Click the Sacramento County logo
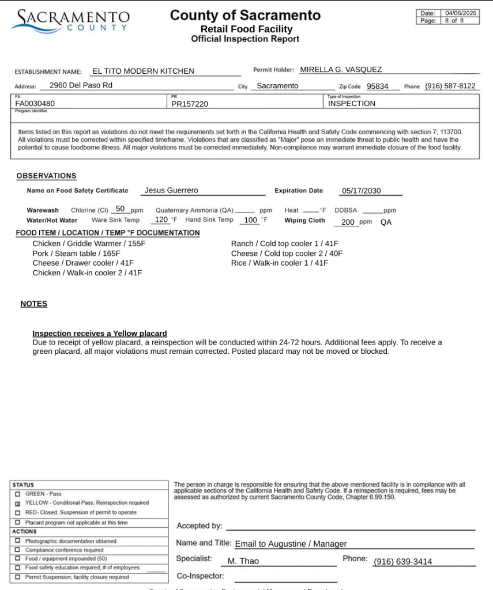(x=70, y=20)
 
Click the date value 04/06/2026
(x=461, y=13)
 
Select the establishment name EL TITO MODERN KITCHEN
(x=144, y=71)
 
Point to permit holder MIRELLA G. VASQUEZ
(x=341, y=70)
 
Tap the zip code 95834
(x=378, y=86)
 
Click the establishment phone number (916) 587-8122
(x=450, y=86)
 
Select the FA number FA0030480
(x=35, y=104)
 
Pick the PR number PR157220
(x=190, y=104)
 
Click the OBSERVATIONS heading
(x=46, y=176)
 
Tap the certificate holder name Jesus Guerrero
(x=171, y=191)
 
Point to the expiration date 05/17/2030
(x=362, y=191)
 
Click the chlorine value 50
(x=120, y=209)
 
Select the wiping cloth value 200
(x=348, y=222)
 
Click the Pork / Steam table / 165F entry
(x=76, y=254)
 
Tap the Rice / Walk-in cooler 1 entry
(x=280, y=263)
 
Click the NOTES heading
(x=34, y=304)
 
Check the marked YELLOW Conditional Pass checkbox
(x=18, y=503)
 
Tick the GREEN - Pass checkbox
(x=18, y=494)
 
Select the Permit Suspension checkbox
(x=18, y=577)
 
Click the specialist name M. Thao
(x=243, y=561)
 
